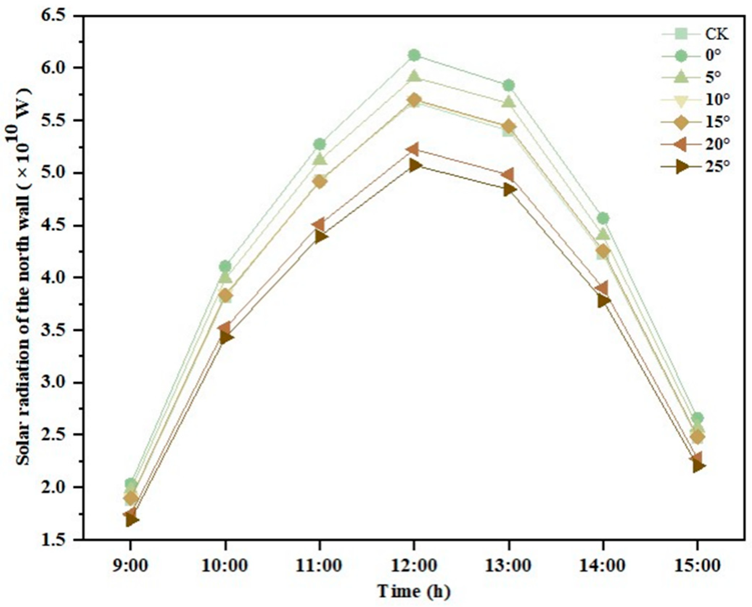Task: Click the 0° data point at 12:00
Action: tap(414, 55)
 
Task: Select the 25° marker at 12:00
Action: tap(414, 165)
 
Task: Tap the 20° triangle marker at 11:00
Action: tap(319, 224)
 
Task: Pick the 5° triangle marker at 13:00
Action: tap(509, 102)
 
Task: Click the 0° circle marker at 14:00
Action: tap(603, 218)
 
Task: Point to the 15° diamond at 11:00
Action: tap(320, 181)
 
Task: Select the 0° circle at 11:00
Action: tap(320, 144)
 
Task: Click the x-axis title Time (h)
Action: tap(414, 591)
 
